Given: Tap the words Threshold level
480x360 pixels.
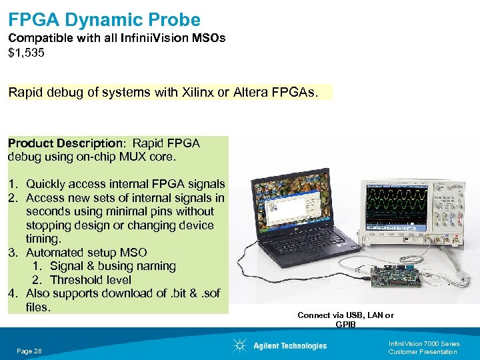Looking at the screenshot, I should tap(90, 280).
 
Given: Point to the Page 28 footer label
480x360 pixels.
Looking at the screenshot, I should tap(29, 351).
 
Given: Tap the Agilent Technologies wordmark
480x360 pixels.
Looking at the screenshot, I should tap(290, 345).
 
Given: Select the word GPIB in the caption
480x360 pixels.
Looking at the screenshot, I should tap(345, 325).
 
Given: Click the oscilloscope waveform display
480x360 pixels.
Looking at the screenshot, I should tap(398, 203).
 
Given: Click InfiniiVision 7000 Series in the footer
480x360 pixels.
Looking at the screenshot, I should tap(423, 344).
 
